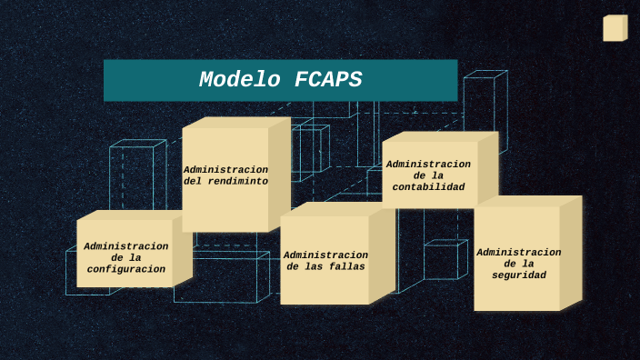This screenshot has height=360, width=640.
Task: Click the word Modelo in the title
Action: click(241, 80)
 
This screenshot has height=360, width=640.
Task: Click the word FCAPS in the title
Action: click(327, 80)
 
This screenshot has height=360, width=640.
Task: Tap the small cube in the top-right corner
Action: click(615, 28)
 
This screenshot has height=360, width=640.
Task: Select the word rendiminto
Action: click(238, 181)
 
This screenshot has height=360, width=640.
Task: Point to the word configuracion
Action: click(126, 269)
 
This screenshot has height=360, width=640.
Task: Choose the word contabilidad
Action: click(428, 186)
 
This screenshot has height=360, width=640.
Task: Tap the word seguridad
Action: click(519, 275)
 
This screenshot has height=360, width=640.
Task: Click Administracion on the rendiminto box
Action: click(225, 169)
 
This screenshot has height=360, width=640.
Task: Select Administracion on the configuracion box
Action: click(126, 246)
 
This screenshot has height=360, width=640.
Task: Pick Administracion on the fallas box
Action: click(325, 255)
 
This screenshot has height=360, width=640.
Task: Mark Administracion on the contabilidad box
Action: click(428, 164)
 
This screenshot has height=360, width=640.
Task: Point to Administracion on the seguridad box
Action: click(519, 252)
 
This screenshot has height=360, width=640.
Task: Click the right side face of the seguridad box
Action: click(571, 255)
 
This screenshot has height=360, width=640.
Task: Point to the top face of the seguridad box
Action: click(527, 201)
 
